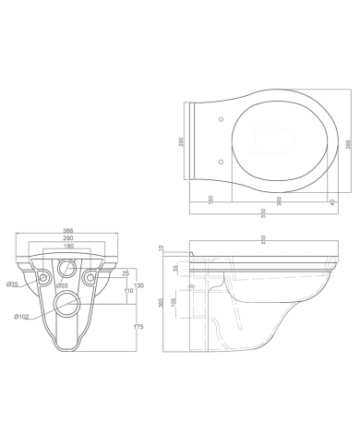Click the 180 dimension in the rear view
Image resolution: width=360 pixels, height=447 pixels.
68,245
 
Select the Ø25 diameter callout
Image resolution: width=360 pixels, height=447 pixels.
13,284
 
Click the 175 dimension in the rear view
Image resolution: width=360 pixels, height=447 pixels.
137,327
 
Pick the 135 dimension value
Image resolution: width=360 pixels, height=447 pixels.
138,284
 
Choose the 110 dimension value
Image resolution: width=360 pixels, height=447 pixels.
128,292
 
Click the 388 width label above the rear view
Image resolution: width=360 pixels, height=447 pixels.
68,230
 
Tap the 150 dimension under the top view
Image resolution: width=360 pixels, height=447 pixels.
210,199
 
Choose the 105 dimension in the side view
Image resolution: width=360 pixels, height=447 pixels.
175,306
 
